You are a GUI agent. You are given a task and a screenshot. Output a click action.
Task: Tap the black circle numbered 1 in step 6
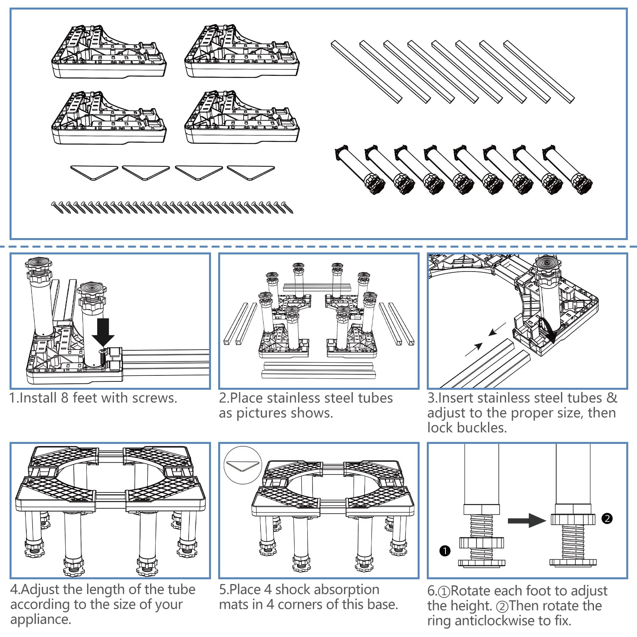(x=445, y=551)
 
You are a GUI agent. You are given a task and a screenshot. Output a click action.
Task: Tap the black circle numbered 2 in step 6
(x=607, y=518)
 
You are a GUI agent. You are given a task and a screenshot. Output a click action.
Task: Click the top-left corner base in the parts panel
(x=108, y=52)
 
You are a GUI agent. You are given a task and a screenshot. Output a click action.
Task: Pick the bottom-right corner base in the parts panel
(x=242, y=117)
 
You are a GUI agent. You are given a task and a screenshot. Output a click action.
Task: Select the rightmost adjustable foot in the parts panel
(x=567, y=169)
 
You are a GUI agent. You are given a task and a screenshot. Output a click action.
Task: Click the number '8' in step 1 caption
(x=65, y=398)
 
